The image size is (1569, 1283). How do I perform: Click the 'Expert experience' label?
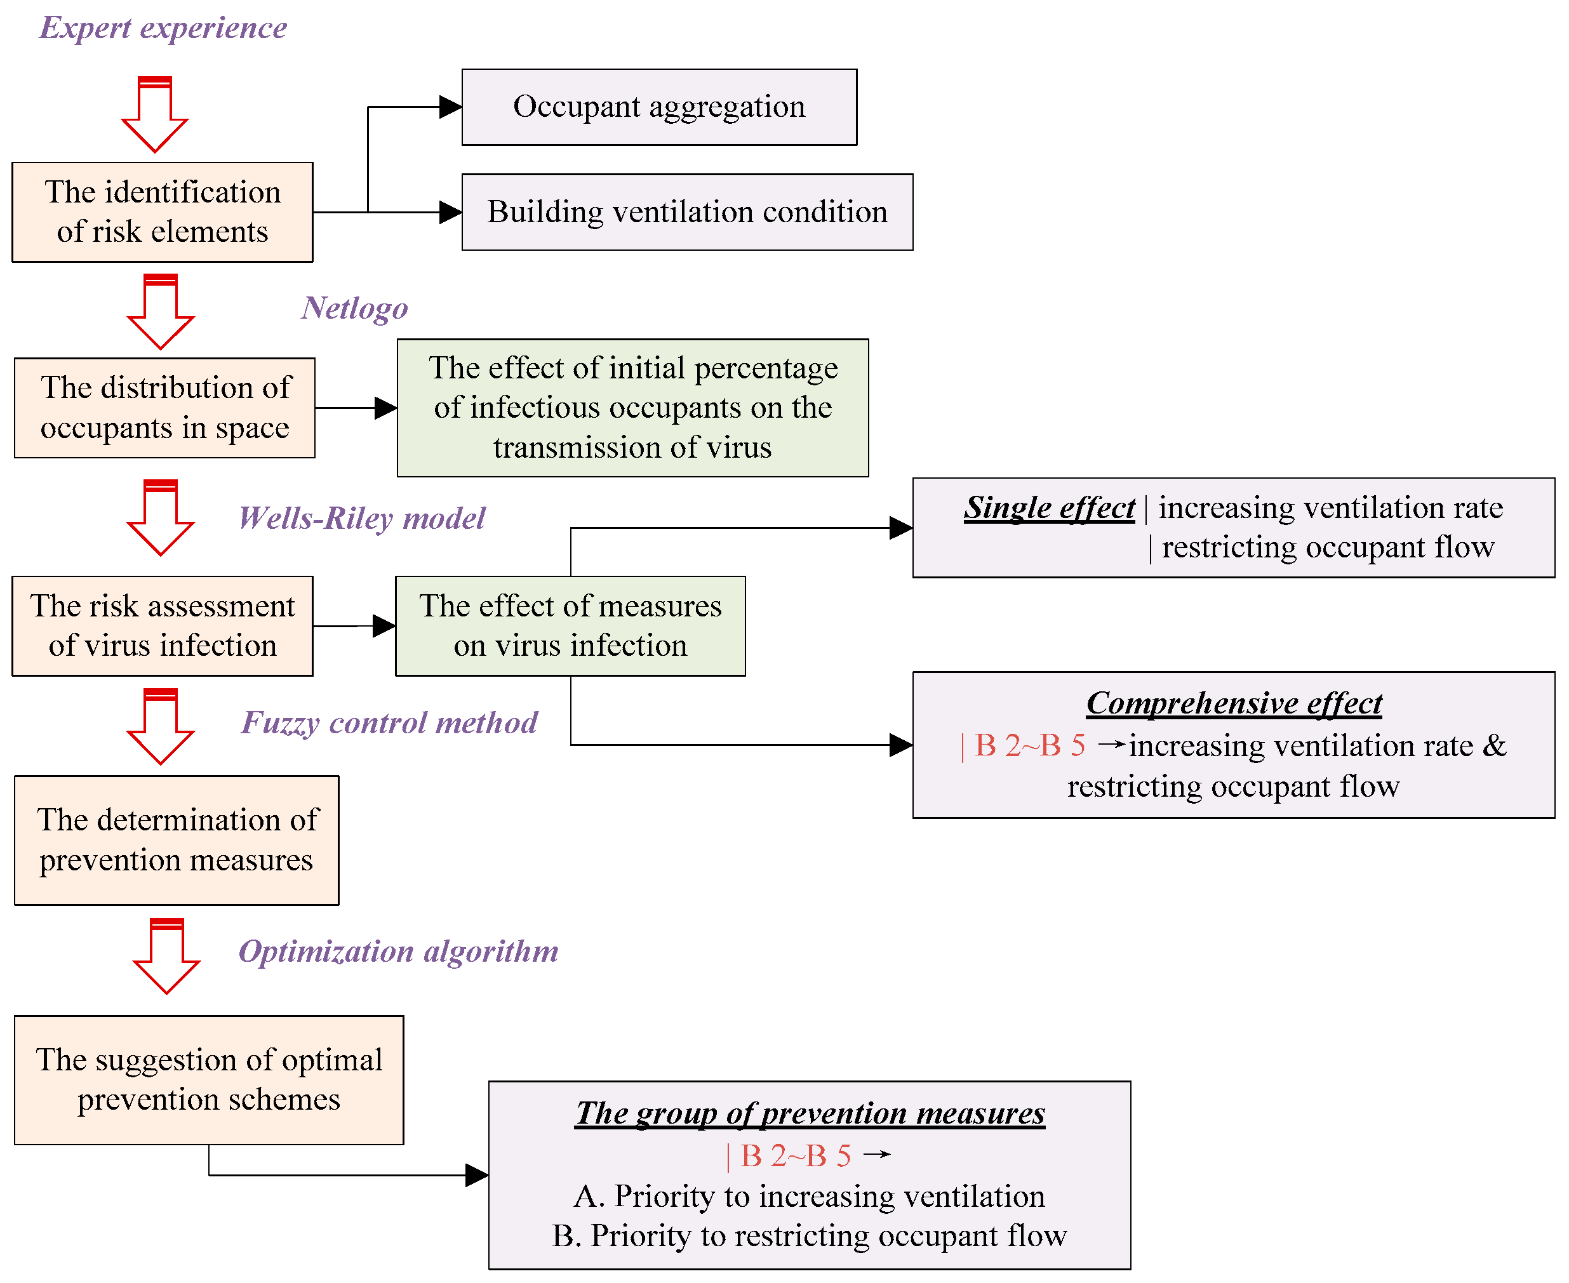tap(163, 28)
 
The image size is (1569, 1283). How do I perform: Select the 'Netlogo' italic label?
tap(354, 307)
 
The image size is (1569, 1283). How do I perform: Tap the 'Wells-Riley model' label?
tap(361, 517)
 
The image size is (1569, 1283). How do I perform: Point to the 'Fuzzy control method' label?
tap(389, 722)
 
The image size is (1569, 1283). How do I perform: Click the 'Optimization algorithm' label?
tap(397, 950)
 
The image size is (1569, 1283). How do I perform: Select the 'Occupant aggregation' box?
tap(658, 107)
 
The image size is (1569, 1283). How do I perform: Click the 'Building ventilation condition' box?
tap(686, 212)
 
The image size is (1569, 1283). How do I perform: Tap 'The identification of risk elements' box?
tap(163, 212)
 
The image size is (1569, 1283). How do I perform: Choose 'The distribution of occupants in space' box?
tap(165, 408)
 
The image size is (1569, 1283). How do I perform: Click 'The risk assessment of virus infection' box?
tap(163, 626)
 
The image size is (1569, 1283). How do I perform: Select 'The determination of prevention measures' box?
tap(177, 841)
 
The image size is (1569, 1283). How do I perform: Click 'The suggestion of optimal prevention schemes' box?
tap(209, 1080)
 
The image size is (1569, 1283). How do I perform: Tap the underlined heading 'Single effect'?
tap(1049, 508)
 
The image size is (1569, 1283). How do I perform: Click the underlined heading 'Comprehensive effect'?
tap(1234, 703)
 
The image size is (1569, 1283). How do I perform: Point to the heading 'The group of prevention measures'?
tap(810, 1113)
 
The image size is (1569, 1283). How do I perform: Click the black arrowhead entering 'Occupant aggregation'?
tap(450, 107)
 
